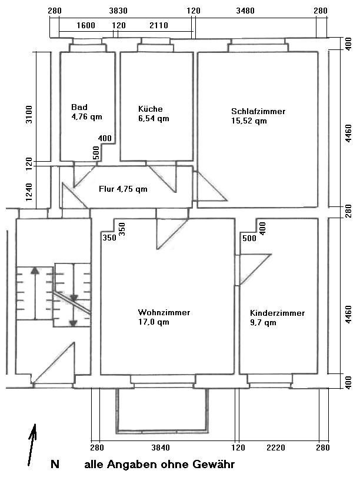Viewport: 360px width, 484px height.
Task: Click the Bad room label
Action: (x=79, y=107)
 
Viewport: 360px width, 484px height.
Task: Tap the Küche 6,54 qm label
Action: (x=154, y=114)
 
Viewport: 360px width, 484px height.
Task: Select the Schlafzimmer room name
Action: (x=258, y=111)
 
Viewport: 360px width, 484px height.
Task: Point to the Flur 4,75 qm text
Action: (x=123, y=189)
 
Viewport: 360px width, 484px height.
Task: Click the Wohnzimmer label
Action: (x=164, y=312)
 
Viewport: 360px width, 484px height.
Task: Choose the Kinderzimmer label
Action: (x=277, y=313)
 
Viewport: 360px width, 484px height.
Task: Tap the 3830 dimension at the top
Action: (x=118, y=11)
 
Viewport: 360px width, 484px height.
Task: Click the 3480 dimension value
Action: (x=245, y=11)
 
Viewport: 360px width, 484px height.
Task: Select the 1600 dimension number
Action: (x=86, y=25)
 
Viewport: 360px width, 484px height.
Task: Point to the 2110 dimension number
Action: (x=159, y=25)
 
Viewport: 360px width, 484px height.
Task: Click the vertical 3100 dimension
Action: (x=29, y=114)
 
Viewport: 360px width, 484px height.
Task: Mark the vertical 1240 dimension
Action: (x=29, y=192)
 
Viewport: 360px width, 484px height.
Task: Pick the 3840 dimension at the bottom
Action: (x=161, y=448)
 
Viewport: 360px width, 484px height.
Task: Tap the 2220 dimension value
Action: (x=276, y=448)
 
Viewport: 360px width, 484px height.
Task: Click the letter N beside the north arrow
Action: (x=55, y=464)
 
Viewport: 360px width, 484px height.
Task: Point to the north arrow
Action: (x=32, y=445)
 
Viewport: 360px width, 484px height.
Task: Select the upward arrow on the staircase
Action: (x=35, y=293)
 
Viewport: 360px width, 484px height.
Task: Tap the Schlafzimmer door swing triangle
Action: (x=210, y=188)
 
